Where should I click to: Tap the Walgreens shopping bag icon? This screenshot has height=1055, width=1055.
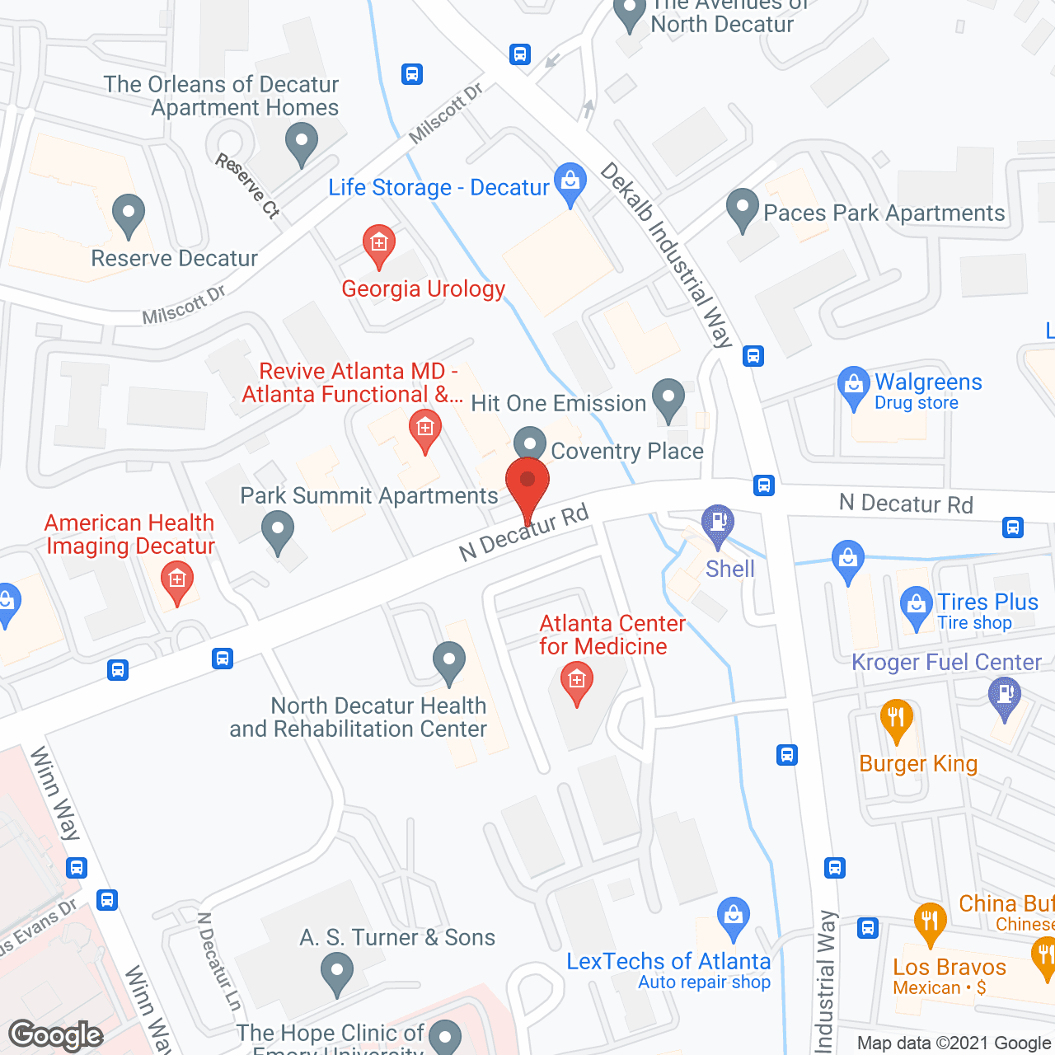click(853, 386)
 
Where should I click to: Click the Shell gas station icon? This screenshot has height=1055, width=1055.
click(718, 523)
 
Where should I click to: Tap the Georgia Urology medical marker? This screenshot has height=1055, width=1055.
click(379, 244)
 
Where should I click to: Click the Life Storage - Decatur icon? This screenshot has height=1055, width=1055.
click(570, 181)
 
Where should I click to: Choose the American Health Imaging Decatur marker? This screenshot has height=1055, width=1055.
click(177, 580)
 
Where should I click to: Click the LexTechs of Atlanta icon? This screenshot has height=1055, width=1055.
click(733, 917)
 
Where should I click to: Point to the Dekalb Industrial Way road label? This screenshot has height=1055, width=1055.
click(667, 255)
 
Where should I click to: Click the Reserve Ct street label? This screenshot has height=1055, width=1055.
click(248, 186)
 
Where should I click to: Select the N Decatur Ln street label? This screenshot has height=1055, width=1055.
click(219, 961)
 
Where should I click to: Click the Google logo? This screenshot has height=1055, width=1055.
click(56, 1035)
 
